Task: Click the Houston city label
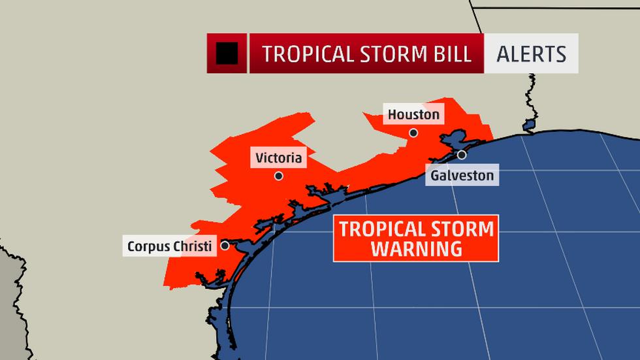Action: click(x=413, y=115)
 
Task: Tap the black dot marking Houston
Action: click(x=413, y=133)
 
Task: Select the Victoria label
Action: click(x=279, y=157)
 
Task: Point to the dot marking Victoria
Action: click(x=279, y=176)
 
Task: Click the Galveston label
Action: click(x=461, y=175)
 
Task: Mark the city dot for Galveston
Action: click(x=462, y=155)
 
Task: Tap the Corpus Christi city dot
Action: click(x=225, y=246)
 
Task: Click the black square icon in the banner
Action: click(x=227, y=53)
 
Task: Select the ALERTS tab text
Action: click(x=531, y=54)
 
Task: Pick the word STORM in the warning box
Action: click(x=466, y=229)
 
